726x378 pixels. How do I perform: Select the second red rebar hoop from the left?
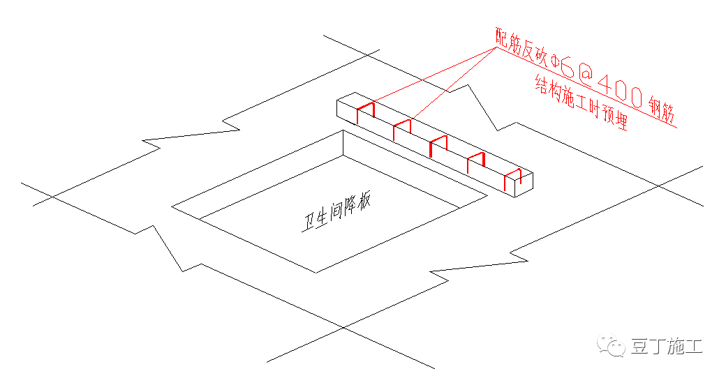pyautogui.click(x=402, y=128)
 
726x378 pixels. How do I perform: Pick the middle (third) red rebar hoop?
pyautogui.click(x=438, y=145)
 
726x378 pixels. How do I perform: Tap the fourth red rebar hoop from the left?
pyautogui.click(x=476, y=162)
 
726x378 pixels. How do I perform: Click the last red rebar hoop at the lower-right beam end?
pyautogui.click(x=512, y=179)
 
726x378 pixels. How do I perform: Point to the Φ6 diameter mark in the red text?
pyautogui.click(x=562, y=67)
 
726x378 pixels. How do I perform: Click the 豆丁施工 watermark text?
pyautogui.click(x=667, y=347)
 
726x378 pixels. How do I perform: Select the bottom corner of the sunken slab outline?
pyautogui.click(x=317, y=273)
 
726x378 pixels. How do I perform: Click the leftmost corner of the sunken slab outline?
pyautogui.click(x=172, y=206)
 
